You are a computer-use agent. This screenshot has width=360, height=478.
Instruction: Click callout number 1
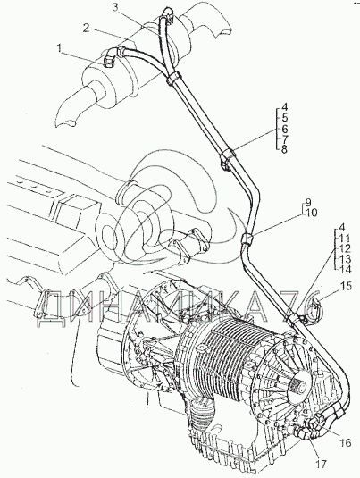click(x=60, y=48)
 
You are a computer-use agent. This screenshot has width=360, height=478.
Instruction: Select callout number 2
click(x=87, y=29)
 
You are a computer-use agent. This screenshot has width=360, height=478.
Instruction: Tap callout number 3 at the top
click(x=115, y=8)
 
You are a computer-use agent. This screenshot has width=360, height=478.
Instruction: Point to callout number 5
click(x=284, y=118)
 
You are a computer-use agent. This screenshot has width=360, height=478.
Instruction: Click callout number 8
click(x=284, y=150)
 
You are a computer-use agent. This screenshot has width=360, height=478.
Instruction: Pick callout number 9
click(x=308, y=202)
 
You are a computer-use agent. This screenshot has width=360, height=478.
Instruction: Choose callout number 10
click(x=310, y=213)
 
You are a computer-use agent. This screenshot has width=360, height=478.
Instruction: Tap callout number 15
click(x=346, y=287)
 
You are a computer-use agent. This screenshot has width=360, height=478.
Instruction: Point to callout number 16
click(x=345, y=442)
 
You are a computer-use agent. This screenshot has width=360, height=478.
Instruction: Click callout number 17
click(x=320, y=464)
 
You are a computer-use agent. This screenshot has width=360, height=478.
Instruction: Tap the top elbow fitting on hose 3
click(x=168, y=14)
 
